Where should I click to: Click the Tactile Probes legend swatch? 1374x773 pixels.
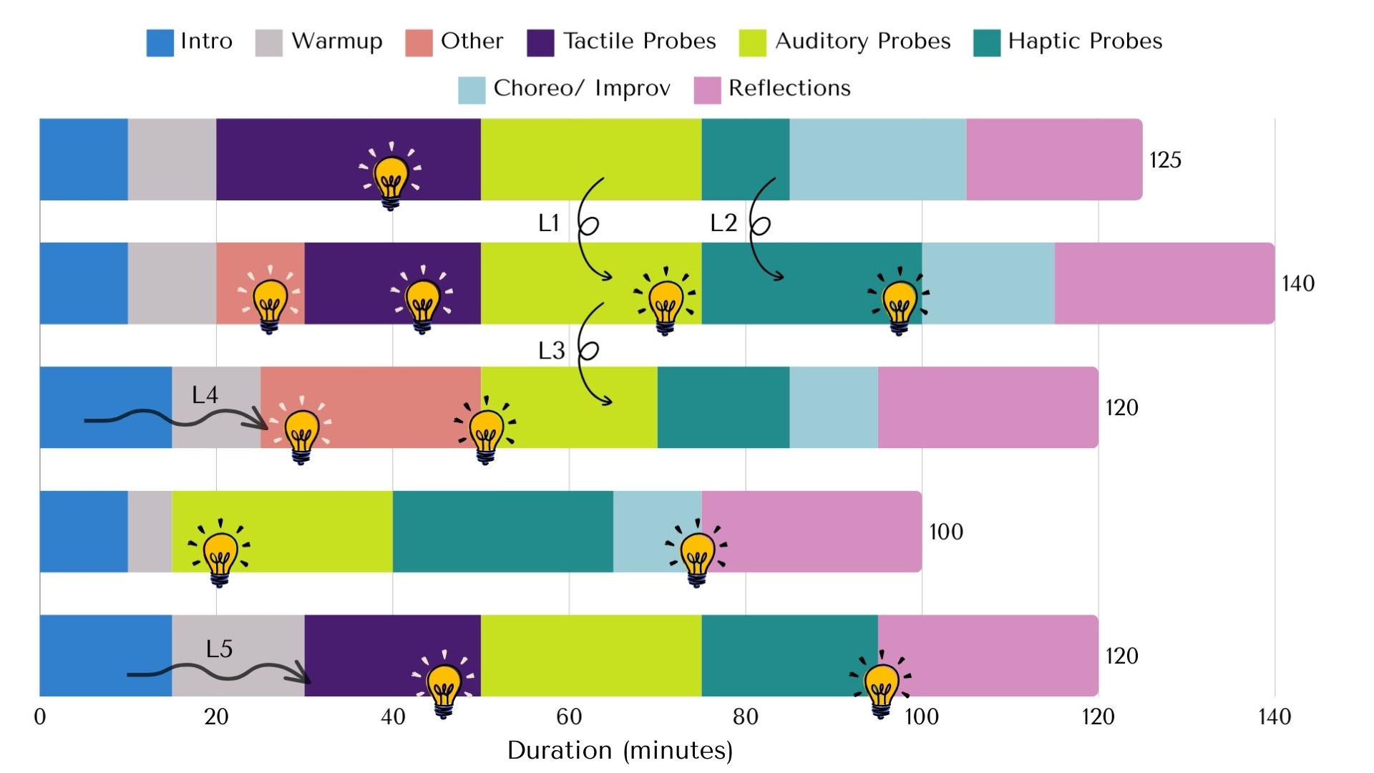540,42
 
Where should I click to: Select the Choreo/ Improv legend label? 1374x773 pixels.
582,88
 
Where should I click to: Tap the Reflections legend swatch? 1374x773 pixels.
707,90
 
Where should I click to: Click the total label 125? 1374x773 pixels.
1165,160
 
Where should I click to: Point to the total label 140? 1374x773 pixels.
1297,283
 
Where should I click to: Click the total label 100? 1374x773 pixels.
945,532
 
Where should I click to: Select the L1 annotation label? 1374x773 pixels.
549,223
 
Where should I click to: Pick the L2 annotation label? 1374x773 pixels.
723,223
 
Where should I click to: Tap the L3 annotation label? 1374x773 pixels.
551,351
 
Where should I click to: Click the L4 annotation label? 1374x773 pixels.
205,394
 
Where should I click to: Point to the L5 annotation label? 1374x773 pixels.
219,648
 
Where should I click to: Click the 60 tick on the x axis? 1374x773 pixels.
569,716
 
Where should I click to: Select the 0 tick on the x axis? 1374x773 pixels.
40,716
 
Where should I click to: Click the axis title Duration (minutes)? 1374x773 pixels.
620,750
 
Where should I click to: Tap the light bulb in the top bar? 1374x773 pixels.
391,176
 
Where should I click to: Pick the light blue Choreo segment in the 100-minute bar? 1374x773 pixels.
648,531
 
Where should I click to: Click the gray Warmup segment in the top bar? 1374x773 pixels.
172,159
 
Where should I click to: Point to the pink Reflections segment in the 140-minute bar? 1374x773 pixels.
1164,283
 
